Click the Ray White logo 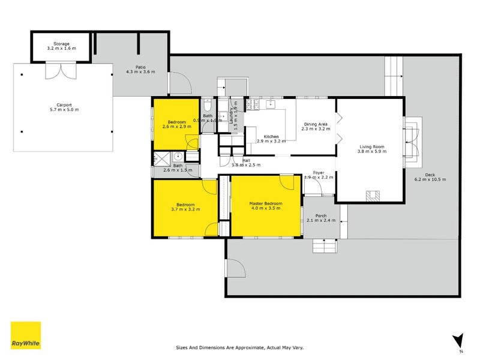click(x=26, y=335)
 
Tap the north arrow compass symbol click(x=458, y=340)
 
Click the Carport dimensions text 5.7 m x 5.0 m click(x=64, y=109)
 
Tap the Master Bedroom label click(x=265, y=204)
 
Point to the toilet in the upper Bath click(x=206, y=103)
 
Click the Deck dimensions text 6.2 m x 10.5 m click(x=430, y=179)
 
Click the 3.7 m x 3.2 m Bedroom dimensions click(x=185, y=209)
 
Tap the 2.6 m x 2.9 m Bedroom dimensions click(x=177, y=127)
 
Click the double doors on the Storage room click(x=60, y=71)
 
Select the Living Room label click(x=371, y=147)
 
